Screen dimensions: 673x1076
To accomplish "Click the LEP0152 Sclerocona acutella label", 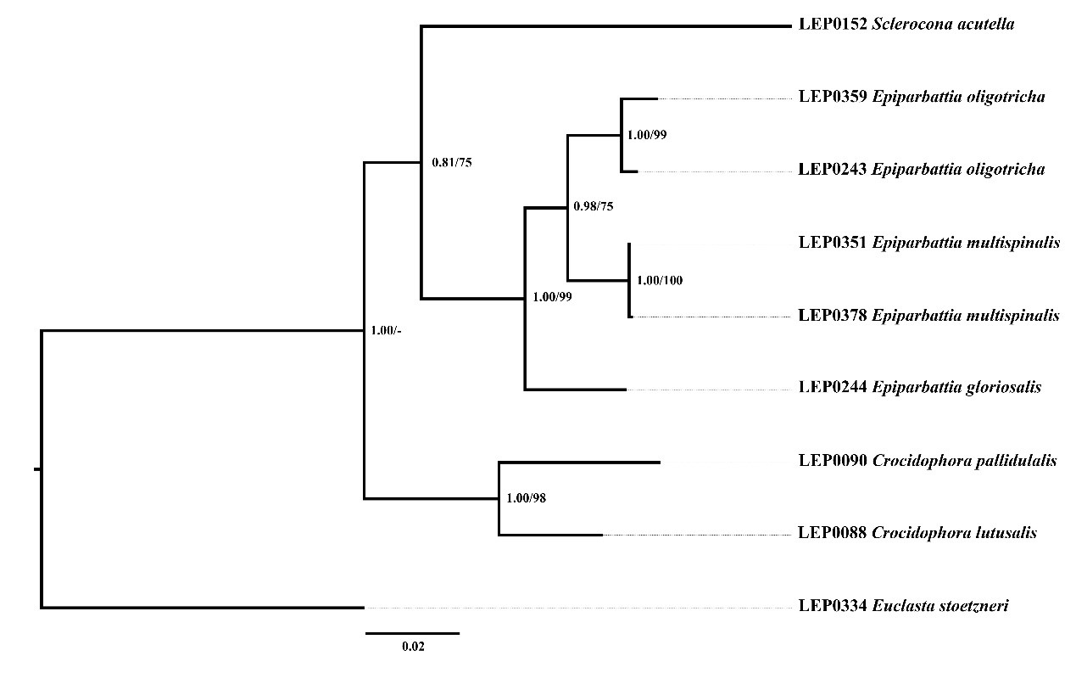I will point(906,25).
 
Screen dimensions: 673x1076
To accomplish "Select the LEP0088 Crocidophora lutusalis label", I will point(917,534).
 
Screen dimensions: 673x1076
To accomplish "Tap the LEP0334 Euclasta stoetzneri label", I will point(903,606).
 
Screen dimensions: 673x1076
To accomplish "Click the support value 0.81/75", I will point(451,163).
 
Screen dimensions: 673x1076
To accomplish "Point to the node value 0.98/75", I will point(593,205).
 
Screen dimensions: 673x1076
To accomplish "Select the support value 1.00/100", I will point(660,280).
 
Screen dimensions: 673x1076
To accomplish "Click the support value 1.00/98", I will point(526,498).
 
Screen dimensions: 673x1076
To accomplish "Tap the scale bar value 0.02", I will point(413,647).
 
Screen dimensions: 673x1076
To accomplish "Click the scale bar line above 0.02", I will point(412,633).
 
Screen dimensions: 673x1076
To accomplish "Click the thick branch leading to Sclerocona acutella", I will point(605,26).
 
